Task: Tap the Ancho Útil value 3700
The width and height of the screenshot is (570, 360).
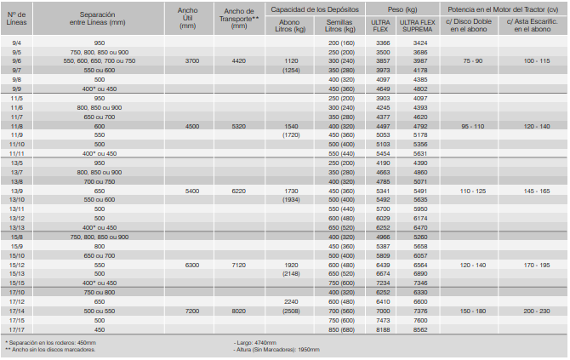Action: click(x=191, y=61)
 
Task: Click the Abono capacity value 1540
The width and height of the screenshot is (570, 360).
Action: click(x=291, y=125)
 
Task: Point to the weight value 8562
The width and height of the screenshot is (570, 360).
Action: click(x=419, y=329)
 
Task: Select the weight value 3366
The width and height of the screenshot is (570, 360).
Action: click(x=383, y=42)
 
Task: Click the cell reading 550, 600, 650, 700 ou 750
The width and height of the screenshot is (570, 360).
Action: click(x=99, y=61)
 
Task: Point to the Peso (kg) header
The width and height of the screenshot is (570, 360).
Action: click(x=399, y=9)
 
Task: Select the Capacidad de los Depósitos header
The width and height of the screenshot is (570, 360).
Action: click(x=316, y=9)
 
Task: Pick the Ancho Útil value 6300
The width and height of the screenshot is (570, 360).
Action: click(x=191, y=266)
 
